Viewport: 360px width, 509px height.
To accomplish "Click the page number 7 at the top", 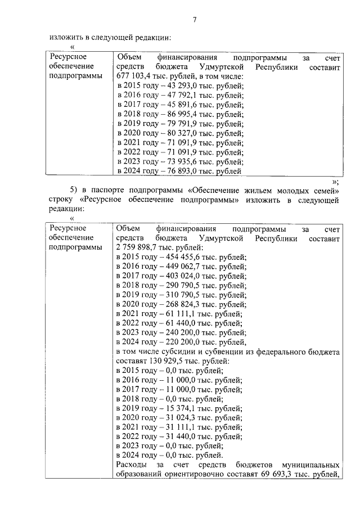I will [x=194, y=20].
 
